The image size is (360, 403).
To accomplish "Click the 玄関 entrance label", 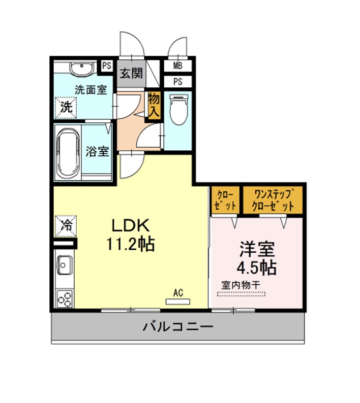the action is (131, 73).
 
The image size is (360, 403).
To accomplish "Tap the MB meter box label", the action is (177, 66).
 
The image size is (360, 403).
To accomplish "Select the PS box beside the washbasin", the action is (106, 66).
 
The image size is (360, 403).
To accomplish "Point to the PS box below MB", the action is (177, 82).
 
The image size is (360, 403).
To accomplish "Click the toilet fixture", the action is (178, 109).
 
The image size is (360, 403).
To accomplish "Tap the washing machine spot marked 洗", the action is (66, 108).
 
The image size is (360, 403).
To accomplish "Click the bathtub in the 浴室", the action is (68, 153).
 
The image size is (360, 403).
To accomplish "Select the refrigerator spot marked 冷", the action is (66, 226).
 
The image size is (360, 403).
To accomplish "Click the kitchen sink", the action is (65, 265).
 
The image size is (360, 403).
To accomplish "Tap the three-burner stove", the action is (65, 298).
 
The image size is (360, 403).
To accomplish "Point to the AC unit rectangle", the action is (177, 301).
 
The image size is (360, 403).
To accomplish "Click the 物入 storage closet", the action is (154, 106).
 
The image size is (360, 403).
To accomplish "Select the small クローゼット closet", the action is (226, 200).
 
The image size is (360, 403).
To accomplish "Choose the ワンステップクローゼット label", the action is (273, 200).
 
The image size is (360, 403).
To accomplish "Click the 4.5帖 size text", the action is (257, 267).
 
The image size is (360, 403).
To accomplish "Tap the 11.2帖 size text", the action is (131, 244).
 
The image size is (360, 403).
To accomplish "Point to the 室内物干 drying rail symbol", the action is (242, 294).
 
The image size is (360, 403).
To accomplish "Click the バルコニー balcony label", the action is (178, 327).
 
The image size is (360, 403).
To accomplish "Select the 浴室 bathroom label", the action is (97, 151).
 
